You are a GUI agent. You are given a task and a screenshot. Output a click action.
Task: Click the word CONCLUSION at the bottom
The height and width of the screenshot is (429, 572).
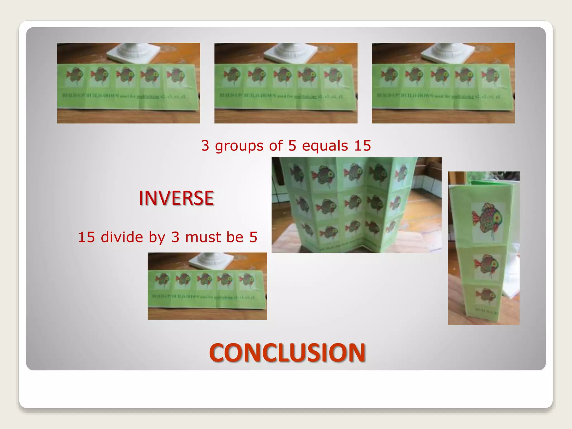(x=287, y=352)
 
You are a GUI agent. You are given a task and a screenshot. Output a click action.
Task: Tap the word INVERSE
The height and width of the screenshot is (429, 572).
(x=176, y=198)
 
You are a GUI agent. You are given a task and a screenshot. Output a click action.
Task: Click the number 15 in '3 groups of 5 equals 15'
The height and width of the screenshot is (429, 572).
(x=363, y=146)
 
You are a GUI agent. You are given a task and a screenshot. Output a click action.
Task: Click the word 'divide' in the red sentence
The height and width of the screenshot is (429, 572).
(x=122, y=237)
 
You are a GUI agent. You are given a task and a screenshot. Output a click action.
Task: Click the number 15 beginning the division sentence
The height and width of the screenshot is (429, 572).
(x=87, y=237)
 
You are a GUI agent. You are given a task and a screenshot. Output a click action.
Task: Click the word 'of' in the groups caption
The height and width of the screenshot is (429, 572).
(x=276, y=146)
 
